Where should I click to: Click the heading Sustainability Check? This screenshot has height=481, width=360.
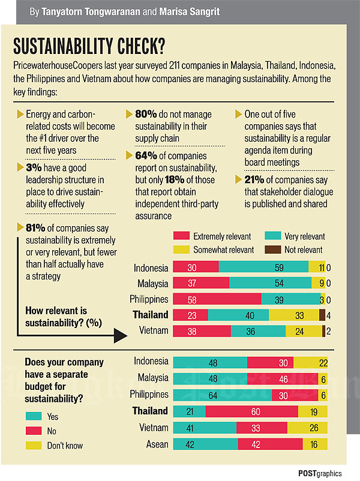pos(89,46)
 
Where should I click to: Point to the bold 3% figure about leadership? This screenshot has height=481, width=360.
pos(34,168)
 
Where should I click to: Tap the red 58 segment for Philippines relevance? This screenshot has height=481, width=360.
pos(217,299)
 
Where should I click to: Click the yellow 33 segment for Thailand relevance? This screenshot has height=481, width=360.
pos(293,315)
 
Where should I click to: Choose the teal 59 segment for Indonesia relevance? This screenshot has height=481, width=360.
pos(263,267)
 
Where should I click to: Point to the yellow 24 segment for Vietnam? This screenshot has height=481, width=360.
pos(304,330)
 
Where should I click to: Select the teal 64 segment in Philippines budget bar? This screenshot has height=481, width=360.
pos(222,395)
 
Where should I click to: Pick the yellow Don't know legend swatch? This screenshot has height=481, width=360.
pos(32,446)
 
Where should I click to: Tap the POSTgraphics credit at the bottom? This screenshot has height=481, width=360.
pos(320,472)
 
